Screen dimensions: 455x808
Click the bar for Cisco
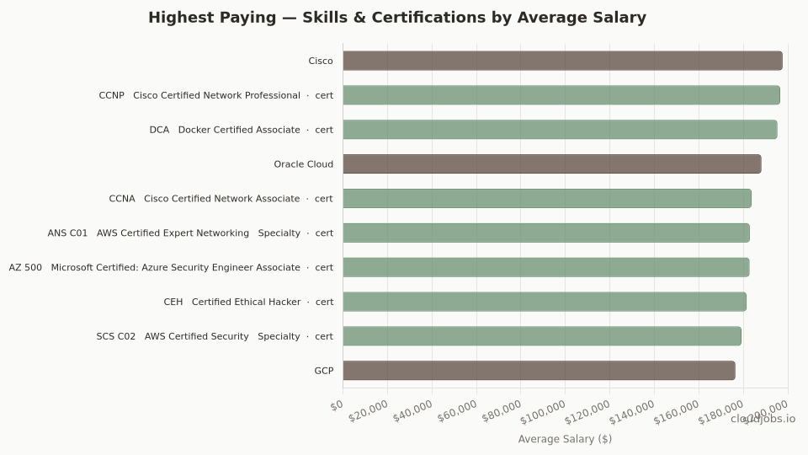point(562,61)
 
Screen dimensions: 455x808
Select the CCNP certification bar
point(561,95)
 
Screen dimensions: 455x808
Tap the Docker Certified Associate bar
point(560,130)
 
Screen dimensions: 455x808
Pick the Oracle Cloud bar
point(552,164)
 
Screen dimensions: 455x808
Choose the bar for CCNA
point(547,199)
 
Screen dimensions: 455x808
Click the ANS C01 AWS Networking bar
point(546,233)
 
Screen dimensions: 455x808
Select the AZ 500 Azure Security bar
point(546,267)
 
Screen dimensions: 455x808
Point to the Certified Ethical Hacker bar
point(545,302)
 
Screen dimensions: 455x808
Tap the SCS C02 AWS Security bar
point(542,336)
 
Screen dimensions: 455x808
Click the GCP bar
point(539,371)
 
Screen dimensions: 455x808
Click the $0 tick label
point(338,405)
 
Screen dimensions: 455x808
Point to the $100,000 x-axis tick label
point(544,412)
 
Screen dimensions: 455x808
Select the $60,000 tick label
point(458,410)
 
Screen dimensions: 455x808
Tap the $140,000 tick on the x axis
point(633,412)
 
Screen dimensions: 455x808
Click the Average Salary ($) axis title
point(565,439)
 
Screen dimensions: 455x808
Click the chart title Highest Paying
point(397,18)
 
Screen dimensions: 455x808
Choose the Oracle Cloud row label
point(303,164)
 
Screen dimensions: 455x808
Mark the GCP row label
point(323,371)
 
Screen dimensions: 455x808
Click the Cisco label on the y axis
point(321,61)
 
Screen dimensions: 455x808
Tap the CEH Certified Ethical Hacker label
point(248,302)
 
